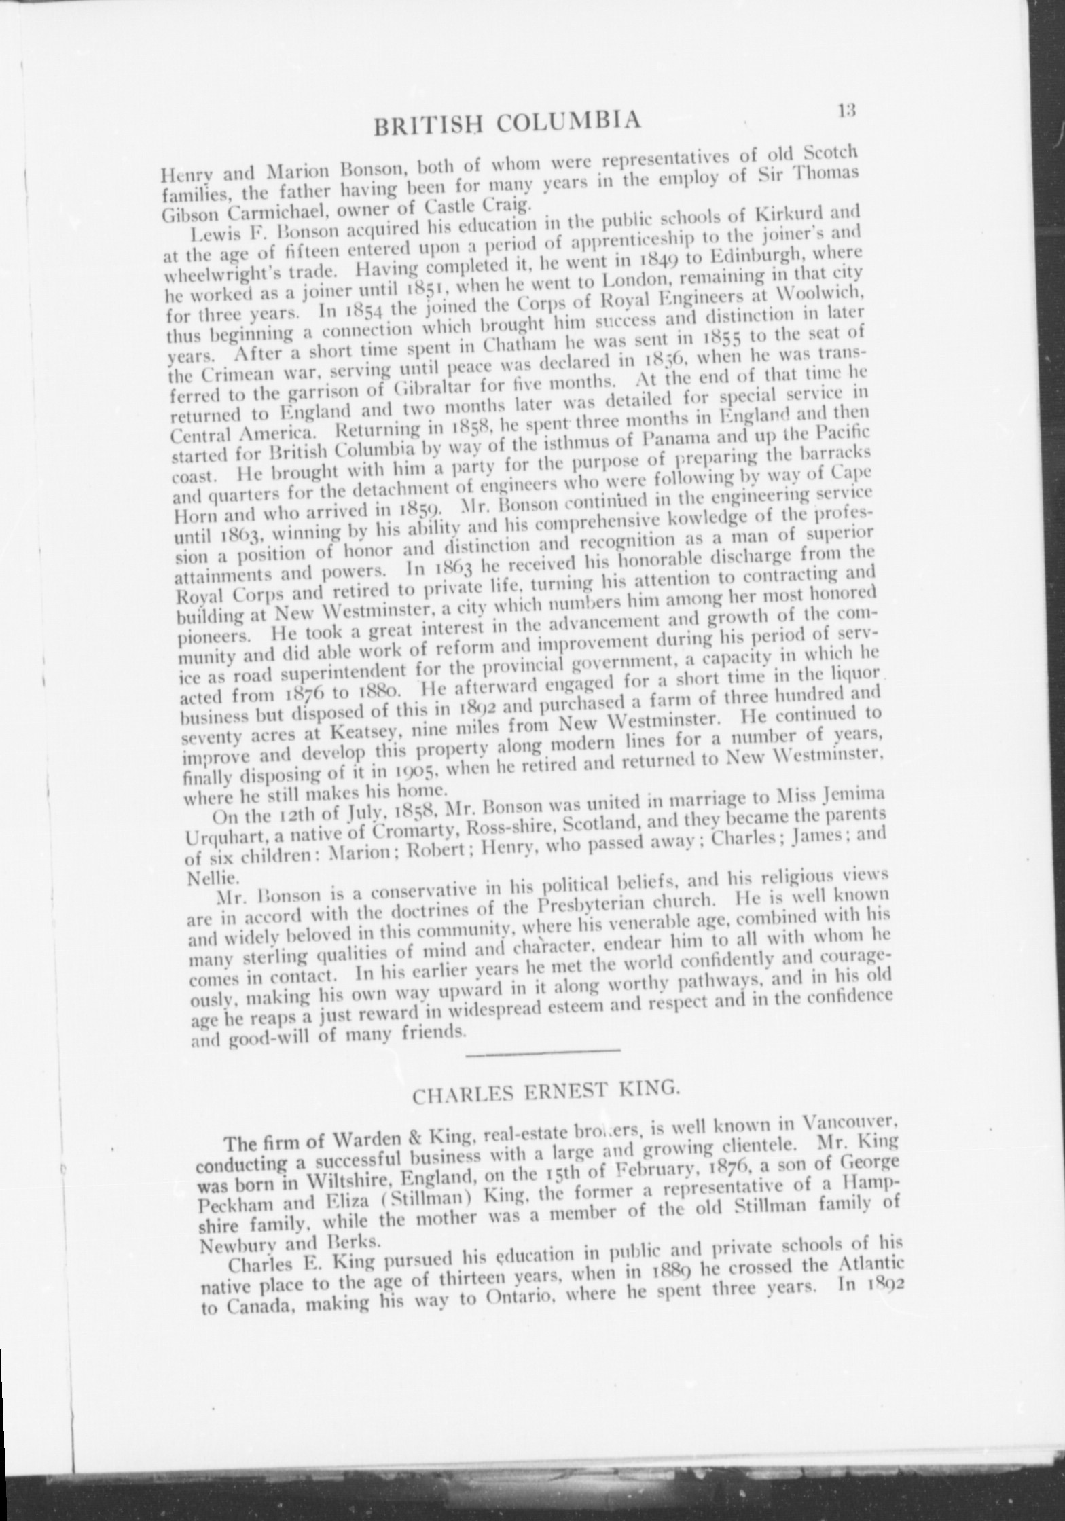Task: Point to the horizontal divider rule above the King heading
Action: (x=543, y=1052)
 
